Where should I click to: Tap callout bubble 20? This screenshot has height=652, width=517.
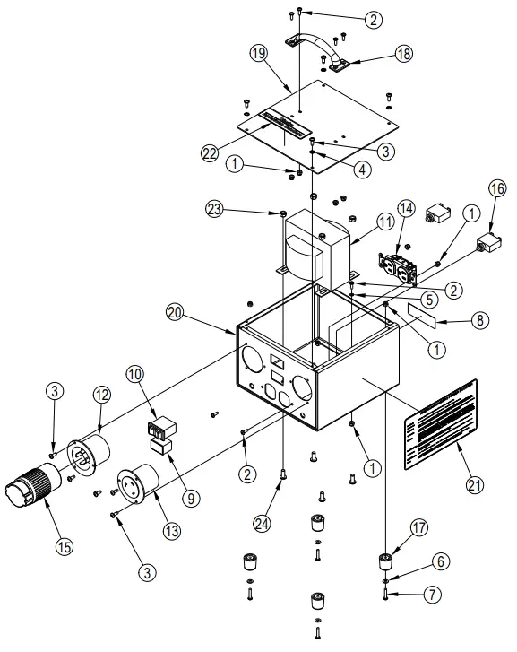click(175, 311)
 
